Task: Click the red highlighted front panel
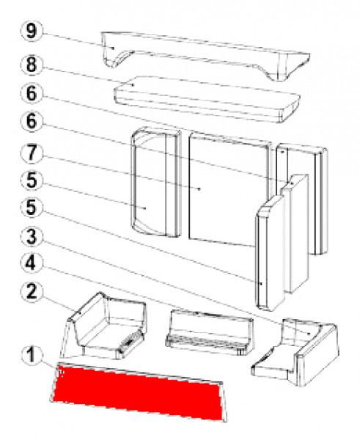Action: coord(139,392)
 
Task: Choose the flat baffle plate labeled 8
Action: coord(205,100)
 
